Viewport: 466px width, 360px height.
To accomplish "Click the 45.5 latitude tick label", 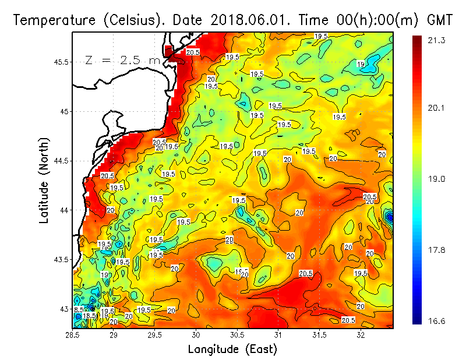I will point(60,62).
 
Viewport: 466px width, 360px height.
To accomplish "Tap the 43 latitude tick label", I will point(65,309).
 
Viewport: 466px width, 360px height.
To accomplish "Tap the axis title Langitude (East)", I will point(232,349).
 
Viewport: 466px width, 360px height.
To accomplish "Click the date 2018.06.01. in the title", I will point(250,20).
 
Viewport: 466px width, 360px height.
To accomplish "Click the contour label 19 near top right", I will point(361,64).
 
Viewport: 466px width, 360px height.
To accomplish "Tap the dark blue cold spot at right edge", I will point(389,217).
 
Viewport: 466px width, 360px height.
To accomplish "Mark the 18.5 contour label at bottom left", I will point(89,316).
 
